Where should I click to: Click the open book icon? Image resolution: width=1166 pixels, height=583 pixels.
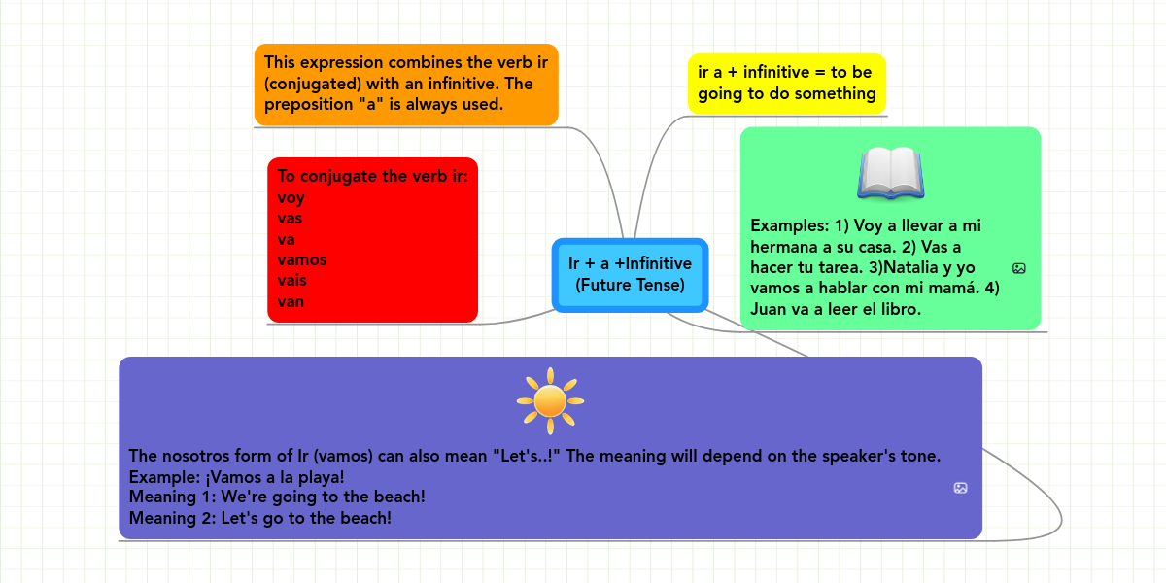891,173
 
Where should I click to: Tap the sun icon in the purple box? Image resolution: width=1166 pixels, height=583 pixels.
550,401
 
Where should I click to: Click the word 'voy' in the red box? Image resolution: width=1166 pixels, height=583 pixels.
291,198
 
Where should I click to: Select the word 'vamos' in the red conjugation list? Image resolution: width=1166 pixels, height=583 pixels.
302,259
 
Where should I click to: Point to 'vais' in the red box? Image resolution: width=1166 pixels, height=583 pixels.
291,280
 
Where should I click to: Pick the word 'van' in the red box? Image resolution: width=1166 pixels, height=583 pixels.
291,301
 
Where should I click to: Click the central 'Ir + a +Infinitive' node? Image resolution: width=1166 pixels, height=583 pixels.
630,275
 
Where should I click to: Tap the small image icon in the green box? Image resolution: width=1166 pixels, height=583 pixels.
1018,268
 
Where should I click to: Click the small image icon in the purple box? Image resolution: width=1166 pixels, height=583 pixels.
960,488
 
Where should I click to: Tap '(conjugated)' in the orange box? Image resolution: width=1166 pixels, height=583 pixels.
313,84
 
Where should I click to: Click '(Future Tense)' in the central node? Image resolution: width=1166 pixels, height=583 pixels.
630,286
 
